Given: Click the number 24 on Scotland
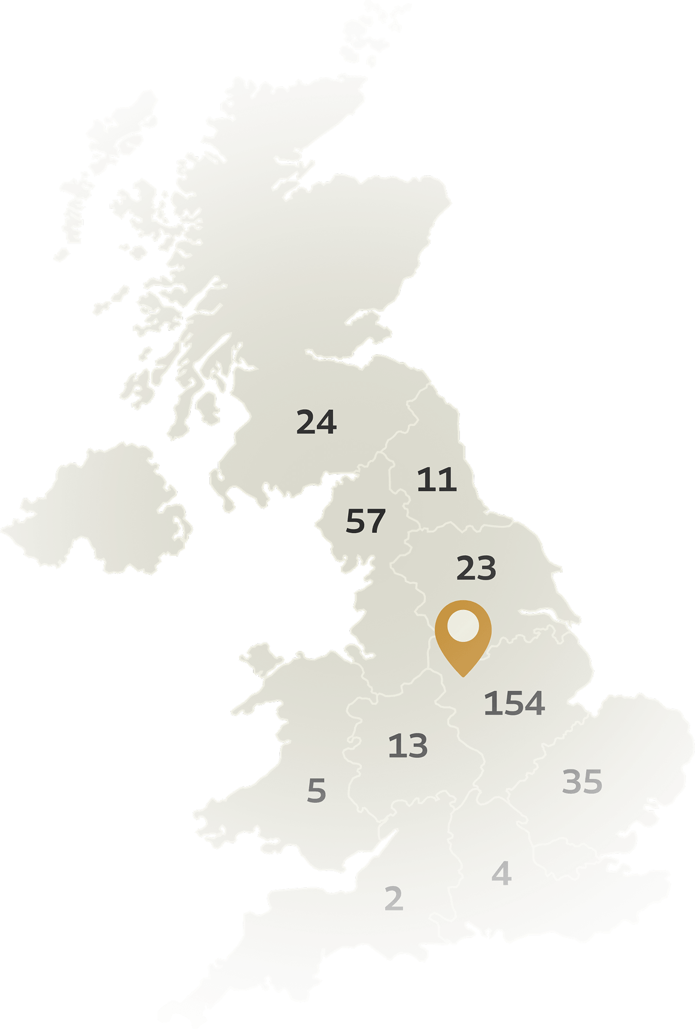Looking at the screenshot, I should tap(316, 422).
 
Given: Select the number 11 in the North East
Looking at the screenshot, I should tap(437, 480).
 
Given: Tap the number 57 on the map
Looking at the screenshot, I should tap(365, 521).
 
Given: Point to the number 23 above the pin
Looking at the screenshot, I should tap(476, 568).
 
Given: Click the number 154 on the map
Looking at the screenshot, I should tap(514, 703).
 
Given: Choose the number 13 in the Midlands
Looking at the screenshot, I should tap(408, 746).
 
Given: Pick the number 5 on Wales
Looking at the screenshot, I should tap(316, 791).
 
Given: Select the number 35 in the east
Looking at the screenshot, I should tap(582, 782).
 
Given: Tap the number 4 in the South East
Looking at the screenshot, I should tap(501, 874).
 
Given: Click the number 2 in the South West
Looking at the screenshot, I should tap(394, 899).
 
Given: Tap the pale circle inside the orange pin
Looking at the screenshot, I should tap(463, 626).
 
